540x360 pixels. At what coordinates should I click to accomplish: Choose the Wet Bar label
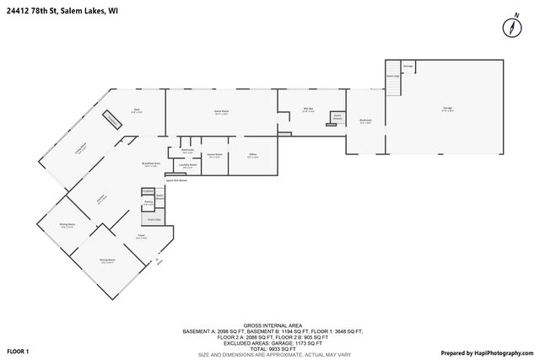coord(309,110)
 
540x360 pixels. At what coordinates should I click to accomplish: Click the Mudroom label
coord(365,120)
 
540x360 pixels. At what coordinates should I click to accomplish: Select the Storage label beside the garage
coord(408,66)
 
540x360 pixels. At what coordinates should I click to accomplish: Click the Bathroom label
coord(188,151)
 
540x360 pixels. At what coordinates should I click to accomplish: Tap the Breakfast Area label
coord(152,164)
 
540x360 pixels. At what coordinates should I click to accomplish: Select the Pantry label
coord(148,203)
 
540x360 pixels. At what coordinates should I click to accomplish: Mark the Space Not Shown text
coord(176,180)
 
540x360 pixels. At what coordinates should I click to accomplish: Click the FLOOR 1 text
coord(18,350)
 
